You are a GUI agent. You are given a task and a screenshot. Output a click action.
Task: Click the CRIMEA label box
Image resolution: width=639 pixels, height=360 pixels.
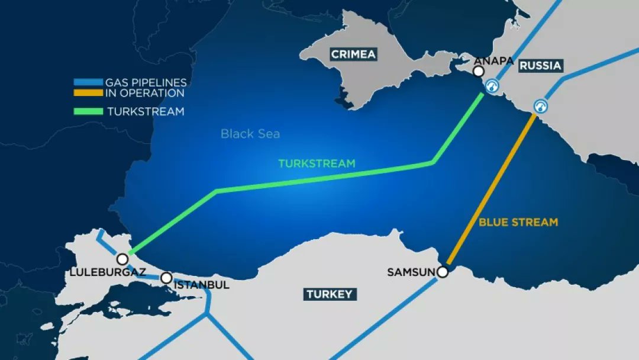pyautogui.click(x=353, y=54)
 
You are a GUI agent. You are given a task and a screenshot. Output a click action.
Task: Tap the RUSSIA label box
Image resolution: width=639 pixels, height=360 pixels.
pyautogui.click(x=540, y=66)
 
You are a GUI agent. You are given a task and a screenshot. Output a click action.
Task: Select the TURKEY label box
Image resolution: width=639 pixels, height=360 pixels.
pyautogui.click(x=329, y=294)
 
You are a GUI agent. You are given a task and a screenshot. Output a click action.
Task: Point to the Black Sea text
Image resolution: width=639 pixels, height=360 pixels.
pyautogui.click(x=250, y=134)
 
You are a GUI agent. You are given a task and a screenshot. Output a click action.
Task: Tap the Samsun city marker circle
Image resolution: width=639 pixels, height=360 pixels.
pyautogui.click(x=442, y=272)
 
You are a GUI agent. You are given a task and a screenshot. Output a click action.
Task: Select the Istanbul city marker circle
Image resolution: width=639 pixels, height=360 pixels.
pyautogui.click(x=167, y=278)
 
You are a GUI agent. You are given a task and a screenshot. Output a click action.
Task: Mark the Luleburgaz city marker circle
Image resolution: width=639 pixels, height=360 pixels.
pyautogui.click(x=122, y=259)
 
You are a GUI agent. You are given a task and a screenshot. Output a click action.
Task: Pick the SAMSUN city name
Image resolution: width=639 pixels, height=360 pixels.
pyautogui.click(x=411, y=272)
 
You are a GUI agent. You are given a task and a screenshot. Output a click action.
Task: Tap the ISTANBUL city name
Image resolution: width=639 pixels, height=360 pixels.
pyautogui.click(x=202, y=285)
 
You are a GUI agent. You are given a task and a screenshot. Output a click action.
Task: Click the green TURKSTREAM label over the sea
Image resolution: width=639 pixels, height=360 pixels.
pyautogui.click(x=317, y=163)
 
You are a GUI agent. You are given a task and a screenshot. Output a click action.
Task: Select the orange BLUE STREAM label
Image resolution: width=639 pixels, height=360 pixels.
pyautogui.click(x=518, y=222)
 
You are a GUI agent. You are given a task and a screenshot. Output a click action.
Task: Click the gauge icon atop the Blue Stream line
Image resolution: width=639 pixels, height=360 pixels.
pyautogui.click(x=540, y=107)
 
